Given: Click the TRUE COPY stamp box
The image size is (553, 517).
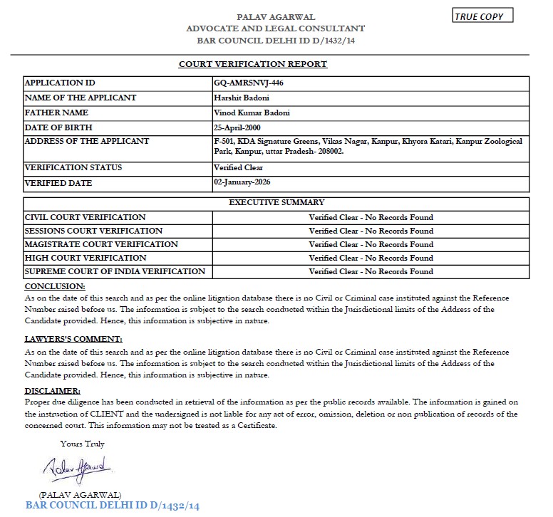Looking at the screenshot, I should click(x=482, y=16).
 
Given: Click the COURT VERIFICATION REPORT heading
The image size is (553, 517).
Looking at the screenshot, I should click(x=253, y=64).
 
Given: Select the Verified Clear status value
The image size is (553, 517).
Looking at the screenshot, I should click(x=238, y=168).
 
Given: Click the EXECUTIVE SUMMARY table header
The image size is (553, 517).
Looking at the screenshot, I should click(x=276, y=203).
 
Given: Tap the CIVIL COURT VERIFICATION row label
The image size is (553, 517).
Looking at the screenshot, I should click(x=85, y=217).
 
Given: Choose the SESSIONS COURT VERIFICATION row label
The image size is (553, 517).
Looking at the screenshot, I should click(x=93, y=231).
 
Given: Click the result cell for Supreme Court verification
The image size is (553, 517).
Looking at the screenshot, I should click(x=371, y=271).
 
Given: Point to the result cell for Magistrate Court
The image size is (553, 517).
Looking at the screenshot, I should click(x=371, y=244).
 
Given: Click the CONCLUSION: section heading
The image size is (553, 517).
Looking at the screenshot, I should click(x=55, y=286).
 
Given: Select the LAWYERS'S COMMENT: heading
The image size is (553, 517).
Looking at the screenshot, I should click(x=73, y=339).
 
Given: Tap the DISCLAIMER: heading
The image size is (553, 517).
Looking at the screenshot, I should click(x=53, y=391).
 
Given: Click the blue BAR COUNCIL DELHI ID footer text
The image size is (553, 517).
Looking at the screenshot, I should click(x=113, y=506).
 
